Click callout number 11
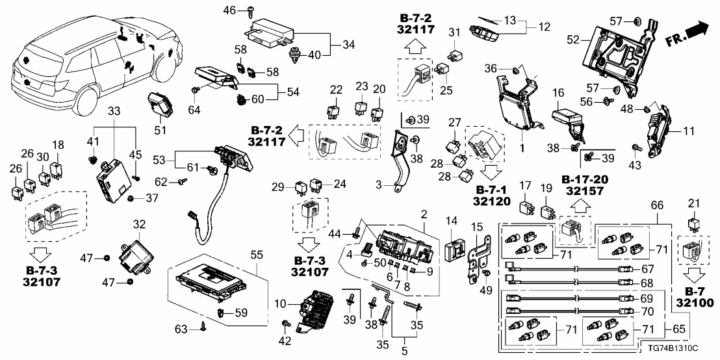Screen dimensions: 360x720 [x=689, y=131]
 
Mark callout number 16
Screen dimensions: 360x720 [x=558, y=94]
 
